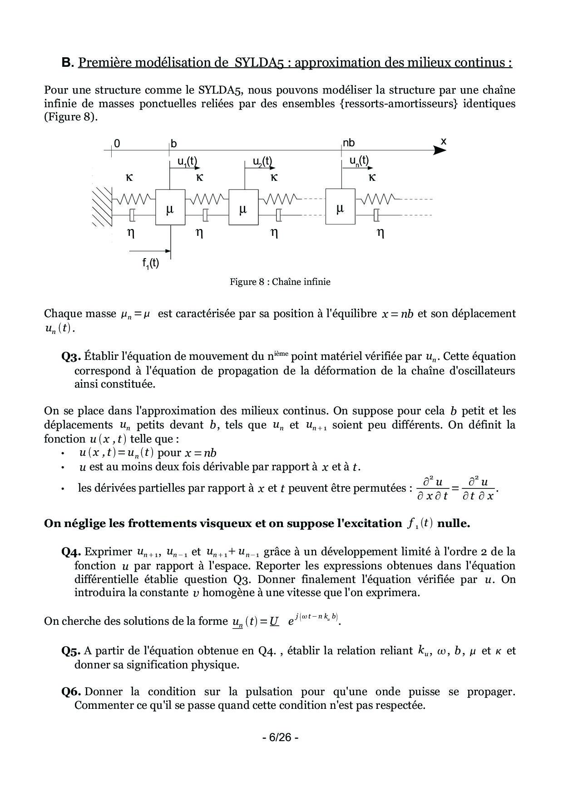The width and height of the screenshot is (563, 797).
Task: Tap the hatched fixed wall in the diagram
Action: [102, 207]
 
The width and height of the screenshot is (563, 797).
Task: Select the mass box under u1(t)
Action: [170, 207]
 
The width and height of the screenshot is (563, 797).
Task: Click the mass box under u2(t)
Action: [243, 207]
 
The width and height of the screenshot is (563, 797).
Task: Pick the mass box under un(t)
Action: [340, 207]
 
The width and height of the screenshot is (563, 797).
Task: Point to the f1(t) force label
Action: [150, 263]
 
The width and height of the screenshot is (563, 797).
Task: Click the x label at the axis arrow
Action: [444, 142]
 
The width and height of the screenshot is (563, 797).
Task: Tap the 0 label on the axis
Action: [117, 144]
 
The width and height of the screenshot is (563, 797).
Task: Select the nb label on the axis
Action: [349, 143]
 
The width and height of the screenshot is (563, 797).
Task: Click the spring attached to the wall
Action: [134, 199]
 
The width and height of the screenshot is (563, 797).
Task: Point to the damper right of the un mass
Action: [376, 214]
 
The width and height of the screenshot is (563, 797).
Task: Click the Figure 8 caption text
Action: [280, 282]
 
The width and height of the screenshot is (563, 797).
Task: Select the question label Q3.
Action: [71, 357]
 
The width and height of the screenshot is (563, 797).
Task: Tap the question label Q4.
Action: [71, 552]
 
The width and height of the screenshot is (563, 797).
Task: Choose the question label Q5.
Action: [71, 651]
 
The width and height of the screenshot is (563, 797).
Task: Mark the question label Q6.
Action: [71, 692]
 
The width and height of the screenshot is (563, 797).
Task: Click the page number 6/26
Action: [280, 737]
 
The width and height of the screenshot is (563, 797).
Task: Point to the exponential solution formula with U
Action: [286, 621]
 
